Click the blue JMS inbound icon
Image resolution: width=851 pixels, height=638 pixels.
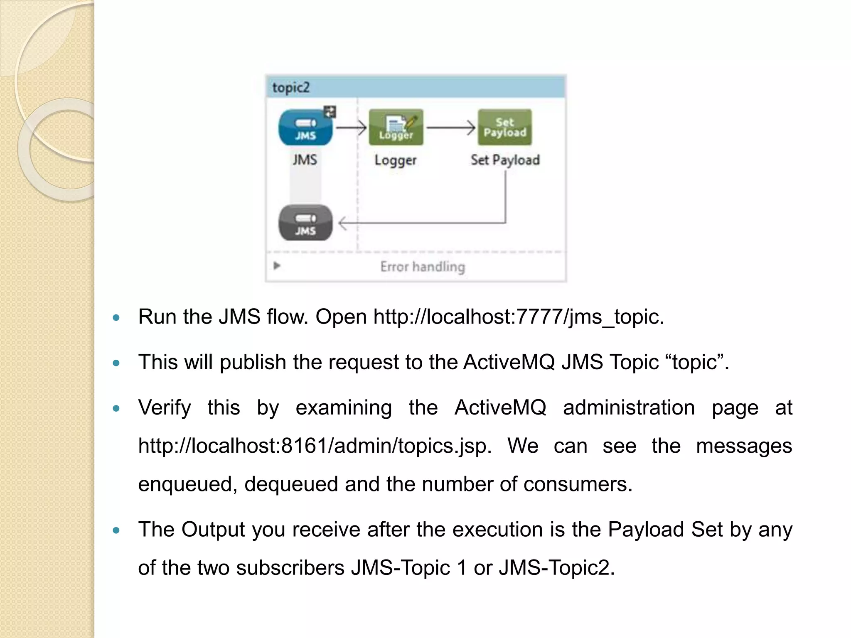(x=305, y=128)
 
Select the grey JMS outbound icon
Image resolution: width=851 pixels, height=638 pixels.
(x=305, y=223)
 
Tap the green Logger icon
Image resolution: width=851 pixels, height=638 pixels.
(x=396, y=128)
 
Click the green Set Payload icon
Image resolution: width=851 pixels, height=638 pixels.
(x=504, y=128)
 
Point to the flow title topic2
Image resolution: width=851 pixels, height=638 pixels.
(x=291, y=88)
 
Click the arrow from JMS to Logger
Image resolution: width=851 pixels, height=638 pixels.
(x=351, y=128)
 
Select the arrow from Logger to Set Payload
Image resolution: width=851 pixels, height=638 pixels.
(x=451, y=128)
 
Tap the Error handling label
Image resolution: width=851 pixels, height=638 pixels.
(x=422, y=266)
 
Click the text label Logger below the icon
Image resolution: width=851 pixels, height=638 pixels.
(x=395, y=160)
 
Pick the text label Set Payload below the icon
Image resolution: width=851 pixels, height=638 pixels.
(x=505, y=160)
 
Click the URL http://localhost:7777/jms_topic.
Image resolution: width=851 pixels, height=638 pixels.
(x=518, y=317)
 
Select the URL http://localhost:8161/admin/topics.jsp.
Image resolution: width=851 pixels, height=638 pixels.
(x=315, y=446)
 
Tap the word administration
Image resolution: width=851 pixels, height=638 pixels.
(x=629, y=407)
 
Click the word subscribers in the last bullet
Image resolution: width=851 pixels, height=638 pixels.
(x=290, y=568)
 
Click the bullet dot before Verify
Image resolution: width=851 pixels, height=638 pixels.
(x=116, y=409)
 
